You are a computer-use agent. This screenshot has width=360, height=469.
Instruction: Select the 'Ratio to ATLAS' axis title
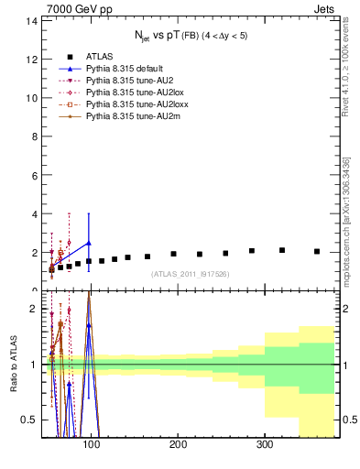(x=13, y=364)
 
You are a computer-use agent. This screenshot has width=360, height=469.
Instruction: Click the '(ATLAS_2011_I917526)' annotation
(x=189, y=274)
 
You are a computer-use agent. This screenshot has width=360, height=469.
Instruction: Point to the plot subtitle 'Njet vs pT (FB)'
(x=189, y=37)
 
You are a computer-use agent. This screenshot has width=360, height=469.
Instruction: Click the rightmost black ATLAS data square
(x=317, y=251)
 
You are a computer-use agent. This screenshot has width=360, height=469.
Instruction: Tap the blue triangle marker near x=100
(x=89, y=243)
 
